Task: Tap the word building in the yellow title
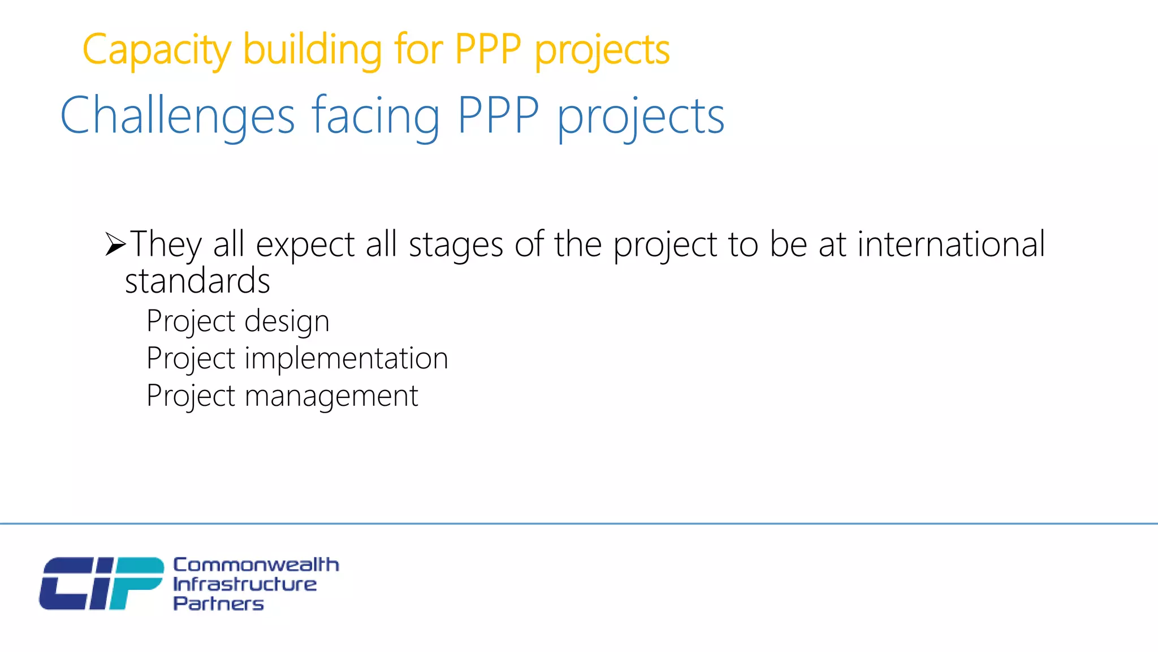coord(313,50)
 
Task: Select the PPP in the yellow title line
coord(487,50)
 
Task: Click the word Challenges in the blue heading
coord(177,116)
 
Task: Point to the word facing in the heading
coord(375,116)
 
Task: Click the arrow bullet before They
coord(115,244)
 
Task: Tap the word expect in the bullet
coord(305,246)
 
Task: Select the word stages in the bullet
coord(456,246)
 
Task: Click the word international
coord(951,244)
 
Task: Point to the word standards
coord(197,281)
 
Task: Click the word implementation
coord(346,358)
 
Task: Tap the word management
coord(331,396)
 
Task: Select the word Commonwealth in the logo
coord(256,564)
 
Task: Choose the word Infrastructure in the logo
coord(245,584)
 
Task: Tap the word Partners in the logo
coord(218,603)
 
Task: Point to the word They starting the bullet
coord(166,244)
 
